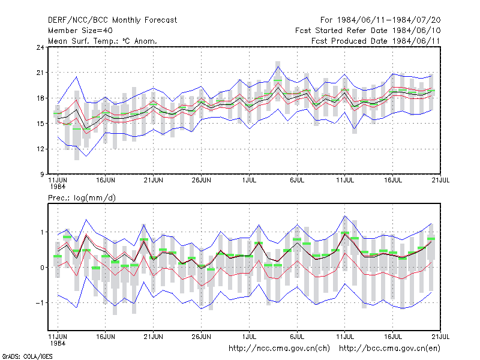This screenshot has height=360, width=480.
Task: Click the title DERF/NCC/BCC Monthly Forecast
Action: [x=112, y=20]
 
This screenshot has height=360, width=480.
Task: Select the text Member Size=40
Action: [x=80, y=31]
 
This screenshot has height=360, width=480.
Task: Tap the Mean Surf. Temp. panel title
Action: [x=103, y=41]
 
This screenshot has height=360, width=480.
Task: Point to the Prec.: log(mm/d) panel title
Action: [x=82, y=198]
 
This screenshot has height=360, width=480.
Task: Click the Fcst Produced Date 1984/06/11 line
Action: [x=376, y=41]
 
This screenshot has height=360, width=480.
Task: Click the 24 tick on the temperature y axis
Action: [x=40, y=47]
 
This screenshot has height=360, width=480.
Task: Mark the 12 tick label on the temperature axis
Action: [x=40, y=149]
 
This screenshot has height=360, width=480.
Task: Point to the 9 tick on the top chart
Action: [x=42, y=175]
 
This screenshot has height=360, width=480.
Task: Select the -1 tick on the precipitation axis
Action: [x=40, y=303]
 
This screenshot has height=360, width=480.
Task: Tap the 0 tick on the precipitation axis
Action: [x=42, y=268]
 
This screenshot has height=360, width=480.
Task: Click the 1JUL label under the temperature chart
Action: [x=249, y=181]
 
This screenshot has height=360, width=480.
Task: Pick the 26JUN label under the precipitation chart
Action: [x=201, y=337]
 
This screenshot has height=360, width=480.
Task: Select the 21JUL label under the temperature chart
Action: [x=440, y=181]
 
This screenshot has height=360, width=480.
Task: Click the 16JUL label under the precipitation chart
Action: [x=393, y=337]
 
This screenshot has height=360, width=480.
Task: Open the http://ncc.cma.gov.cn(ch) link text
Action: [x=279, y=349]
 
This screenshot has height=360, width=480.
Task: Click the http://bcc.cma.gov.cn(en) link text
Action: [x=389, y=349]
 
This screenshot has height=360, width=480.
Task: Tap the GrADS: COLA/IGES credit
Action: [x=27, y=356]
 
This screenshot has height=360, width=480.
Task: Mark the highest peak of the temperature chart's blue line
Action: [x=278, y=67]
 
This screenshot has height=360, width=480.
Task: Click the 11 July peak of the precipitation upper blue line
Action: [x=345, y=216]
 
